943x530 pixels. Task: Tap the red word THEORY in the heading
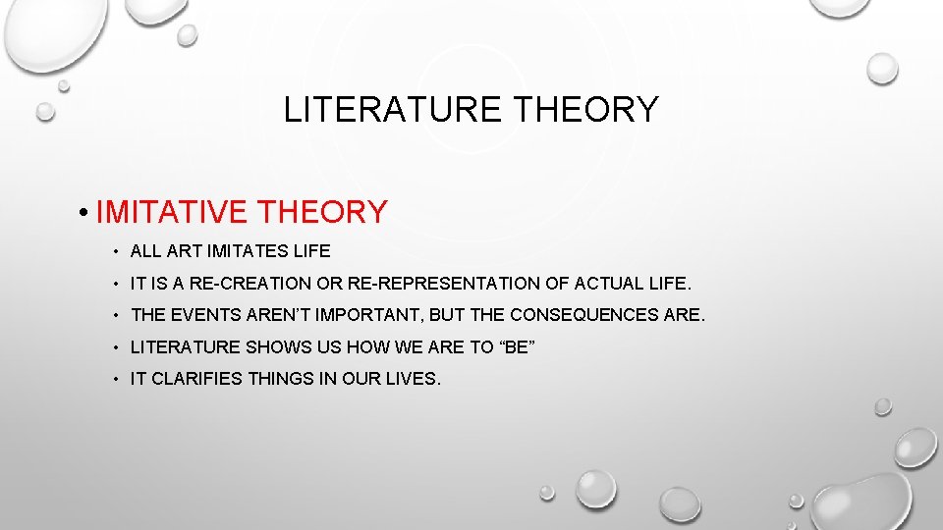[322, 211]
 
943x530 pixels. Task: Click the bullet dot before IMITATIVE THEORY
[87, 212]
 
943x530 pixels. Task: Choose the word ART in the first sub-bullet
[185, 251]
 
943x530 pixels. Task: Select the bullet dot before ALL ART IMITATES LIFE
[115, 252]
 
